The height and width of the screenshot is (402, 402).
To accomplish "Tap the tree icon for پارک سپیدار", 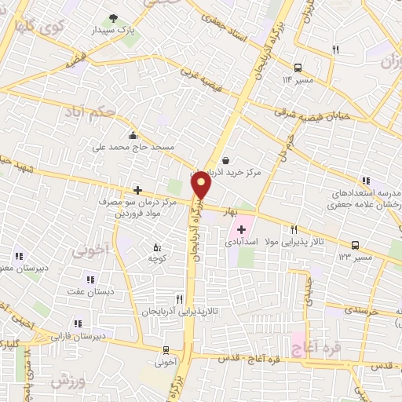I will [115, 17].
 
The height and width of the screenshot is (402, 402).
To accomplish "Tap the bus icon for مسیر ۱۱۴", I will [298, 68].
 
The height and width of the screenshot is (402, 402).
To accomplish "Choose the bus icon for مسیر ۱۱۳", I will [356, 244].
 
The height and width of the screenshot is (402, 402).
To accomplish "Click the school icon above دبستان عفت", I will [90, 279].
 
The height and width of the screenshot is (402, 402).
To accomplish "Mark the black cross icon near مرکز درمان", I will [138, 189].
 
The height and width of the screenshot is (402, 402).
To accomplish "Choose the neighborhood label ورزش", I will [68, 382].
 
